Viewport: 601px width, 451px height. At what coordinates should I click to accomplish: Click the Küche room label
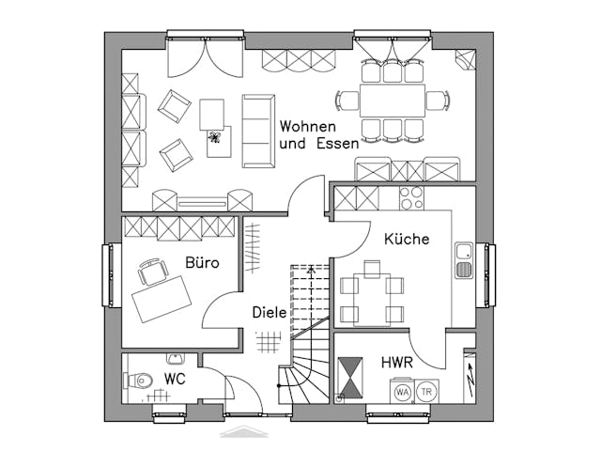point(407,240)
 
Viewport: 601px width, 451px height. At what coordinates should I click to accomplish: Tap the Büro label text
point(201,262)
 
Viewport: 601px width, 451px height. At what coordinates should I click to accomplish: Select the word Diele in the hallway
point(269,312)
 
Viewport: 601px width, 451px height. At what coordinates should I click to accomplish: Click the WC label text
point(176,379)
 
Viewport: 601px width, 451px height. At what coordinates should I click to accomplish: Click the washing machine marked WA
point(402,391)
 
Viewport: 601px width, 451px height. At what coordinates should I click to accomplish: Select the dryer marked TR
point(427,391)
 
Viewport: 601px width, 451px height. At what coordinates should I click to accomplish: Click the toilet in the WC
point(139,381)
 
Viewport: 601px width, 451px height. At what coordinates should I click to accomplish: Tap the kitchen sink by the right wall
point(463,260)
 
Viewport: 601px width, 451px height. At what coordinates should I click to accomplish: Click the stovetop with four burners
point(412,198)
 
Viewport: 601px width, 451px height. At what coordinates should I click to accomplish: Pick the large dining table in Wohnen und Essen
point(393,99)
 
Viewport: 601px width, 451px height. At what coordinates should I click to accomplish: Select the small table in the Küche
point(371,300)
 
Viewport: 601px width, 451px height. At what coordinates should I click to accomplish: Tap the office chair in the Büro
point(151,272)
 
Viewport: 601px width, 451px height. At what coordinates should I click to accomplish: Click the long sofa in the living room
point(258,131)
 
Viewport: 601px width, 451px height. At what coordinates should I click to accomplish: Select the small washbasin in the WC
point(176,358)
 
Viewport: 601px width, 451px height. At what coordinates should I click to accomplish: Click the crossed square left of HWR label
point(350,378)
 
